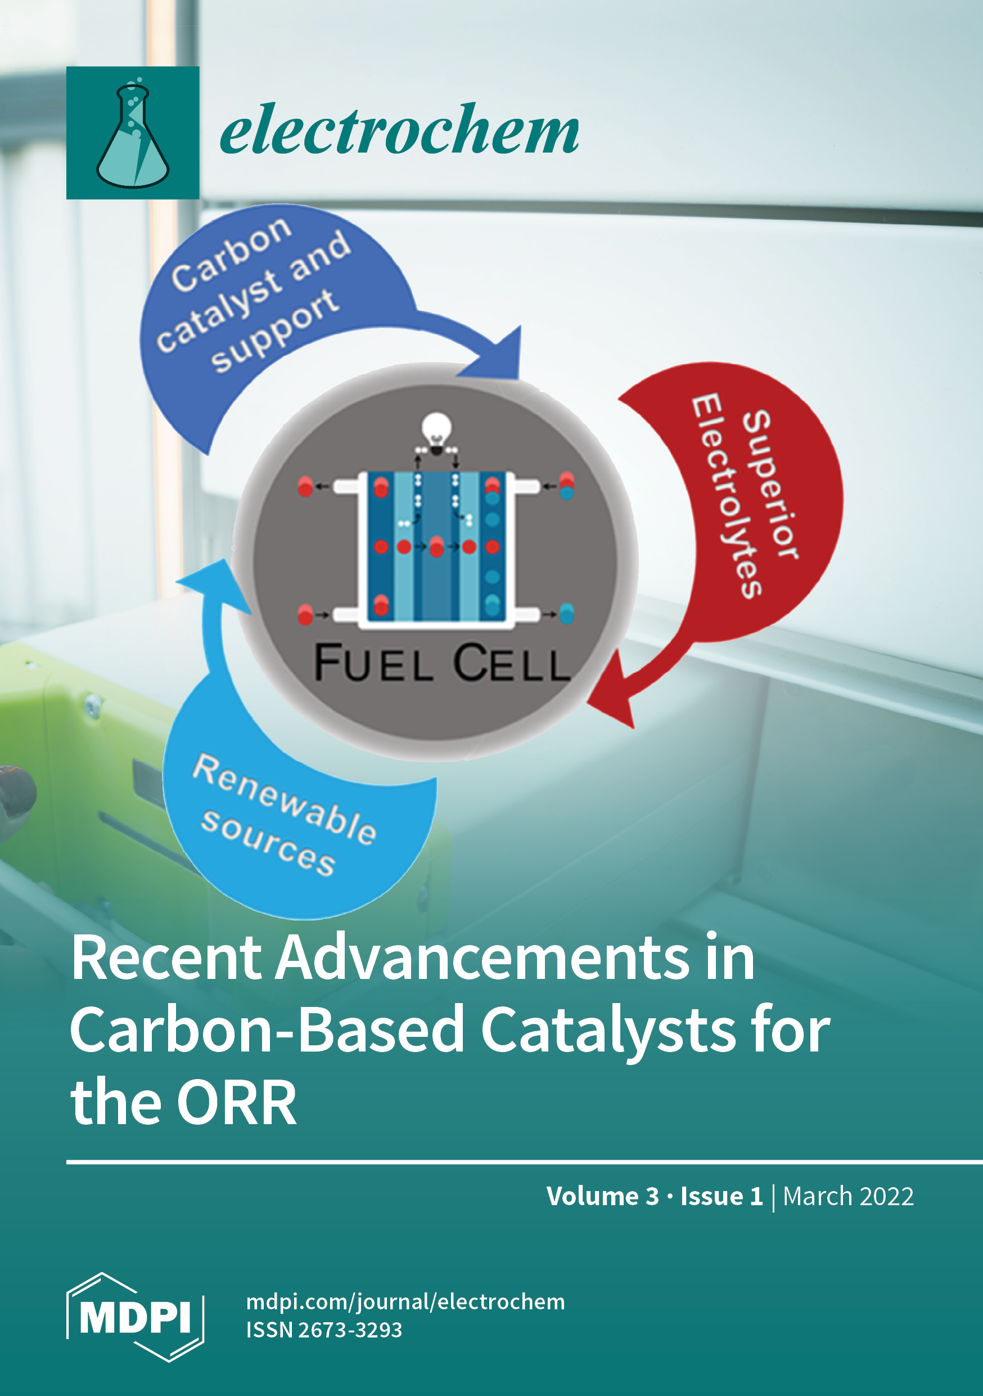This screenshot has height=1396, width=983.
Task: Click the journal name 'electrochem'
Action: click(x=399, y=129)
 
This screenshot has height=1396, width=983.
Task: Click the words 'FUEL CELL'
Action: click(x=441, y=662)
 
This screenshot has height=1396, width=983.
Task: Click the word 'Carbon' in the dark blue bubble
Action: click(x=231, y=253)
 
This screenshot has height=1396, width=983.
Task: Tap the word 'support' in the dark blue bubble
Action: click(x=274, y=331)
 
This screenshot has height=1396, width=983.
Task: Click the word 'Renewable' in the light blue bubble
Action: click(x=285, y=800)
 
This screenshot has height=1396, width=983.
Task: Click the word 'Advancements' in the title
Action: click(x=483, y=957)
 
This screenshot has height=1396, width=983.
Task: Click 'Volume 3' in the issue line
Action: click(x=603, y=1196)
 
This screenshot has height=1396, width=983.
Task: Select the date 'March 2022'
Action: click(x=848, y=1196)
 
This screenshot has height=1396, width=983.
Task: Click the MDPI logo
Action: click(x=135, y=1317)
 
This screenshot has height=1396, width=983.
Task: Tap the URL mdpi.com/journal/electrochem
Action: click(x=405, y=1302)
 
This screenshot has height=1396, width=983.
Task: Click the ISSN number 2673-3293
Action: click(x=350, y=1330)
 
